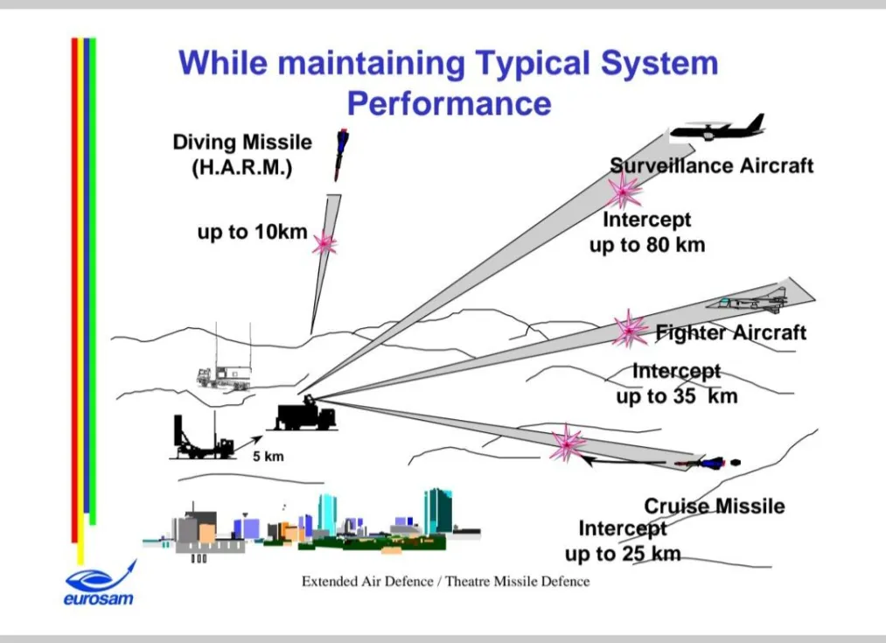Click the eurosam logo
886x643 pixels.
(x=100, y=584)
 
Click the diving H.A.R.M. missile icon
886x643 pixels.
(x=341, y=154)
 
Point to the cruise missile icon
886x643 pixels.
(x=707, y=464)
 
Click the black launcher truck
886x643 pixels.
(x=304, y=415)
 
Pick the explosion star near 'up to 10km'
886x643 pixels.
(x=324, y=243)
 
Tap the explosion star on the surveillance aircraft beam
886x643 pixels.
(x=624, y=192)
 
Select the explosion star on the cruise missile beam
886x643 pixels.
(x=568, y=443)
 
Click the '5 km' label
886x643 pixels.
(x=269, y=457)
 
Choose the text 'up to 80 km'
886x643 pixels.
(x=647, y=245)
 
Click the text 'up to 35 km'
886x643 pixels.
(x=677, y=396)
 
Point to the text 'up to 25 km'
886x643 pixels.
(x=623, y=554)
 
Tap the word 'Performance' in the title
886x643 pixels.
(x=450, y=104)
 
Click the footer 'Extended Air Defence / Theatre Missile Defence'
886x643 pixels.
(x=445, y=582)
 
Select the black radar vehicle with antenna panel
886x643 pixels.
(x=202, y=438)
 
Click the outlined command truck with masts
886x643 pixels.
(x=224, y=367)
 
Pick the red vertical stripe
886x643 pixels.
(x=74, y=290)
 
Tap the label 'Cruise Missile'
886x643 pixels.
(x=715, y=506)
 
